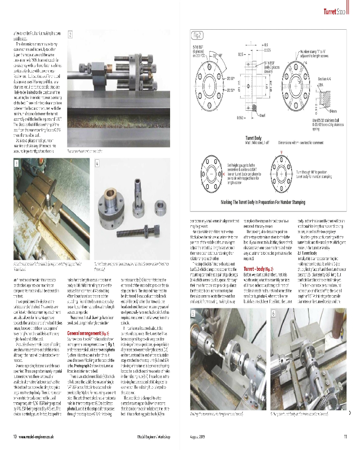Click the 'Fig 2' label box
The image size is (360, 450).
pos(198,35)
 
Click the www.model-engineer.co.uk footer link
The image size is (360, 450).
pos(38,436)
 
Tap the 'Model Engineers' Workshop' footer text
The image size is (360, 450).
pos(153,436)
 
